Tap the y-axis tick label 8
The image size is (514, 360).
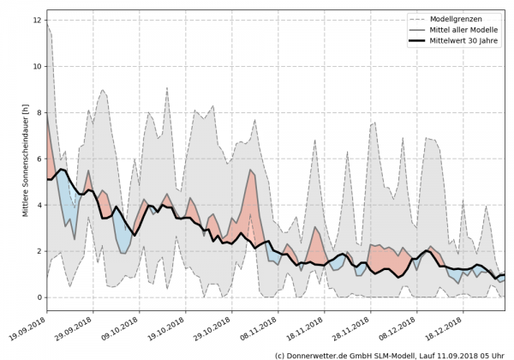tap(38, 112)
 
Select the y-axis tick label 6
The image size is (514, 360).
tap(38, 159)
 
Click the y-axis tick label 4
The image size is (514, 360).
tap(38, 205)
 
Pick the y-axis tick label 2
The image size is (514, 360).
tap(38, 251)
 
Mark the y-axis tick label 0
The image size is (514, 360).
tap(38, 297)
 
